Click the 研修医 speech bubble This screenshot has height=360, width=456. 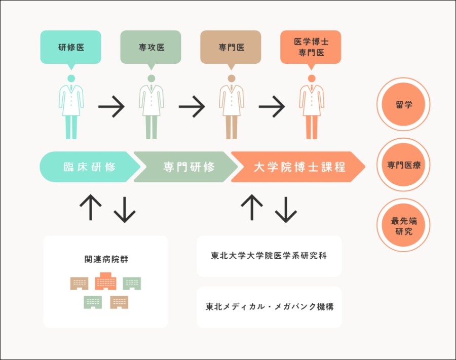(x=70, y=48)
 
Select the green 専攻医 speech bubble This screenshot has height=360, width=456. (x=150, y=48)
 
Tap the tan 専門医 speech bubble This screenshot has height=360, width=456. (x=231, y=48)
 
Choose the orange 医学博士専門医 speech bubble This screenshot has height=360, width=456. (x=311, y=48)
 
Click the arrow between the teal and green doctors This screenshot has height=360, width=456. (x=111, y=107)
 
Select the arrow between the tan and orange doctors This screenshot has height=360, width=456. (x=272, y=107)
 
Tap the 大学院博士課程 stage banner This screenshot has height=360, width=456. (x=299, y=167)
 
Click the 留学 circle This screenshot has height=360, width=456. (x=403, y=105)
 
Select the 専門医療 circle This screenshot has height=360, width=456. (x=403, y=165)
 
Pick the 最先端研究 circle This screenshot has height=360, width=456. (x=403, y=225)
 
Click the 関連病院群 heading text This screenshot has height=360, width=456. (x=105, y=259)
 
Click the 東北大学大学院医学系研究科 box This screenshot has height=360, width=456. (x=269, y=256)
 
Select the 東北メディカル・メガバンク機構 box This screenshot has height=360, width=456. (x=269, y=307)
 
